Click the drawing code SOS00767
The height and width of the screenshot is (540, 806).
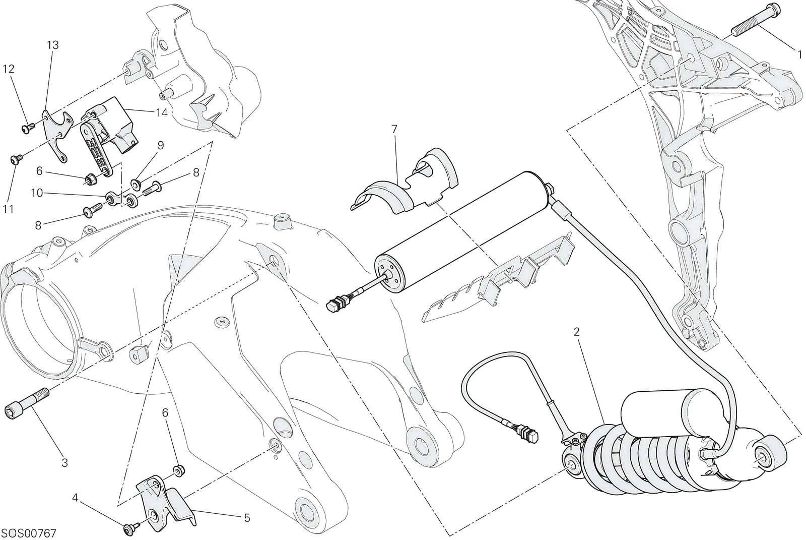(30, 533)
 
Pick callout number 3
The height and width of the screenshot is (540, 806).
(64, 462)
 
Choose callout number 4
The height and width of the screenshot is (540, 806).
(75, 498)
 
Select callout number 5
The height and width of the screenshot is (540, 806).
(247, 518)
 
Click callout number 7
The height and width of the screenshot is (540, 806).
(394, 129)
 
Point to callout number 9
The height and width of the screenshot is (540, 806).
(161, 146)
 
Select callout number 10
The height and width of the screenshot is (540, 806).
(37, 193)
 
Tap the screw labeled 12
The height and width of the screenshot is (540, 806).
(28, 127)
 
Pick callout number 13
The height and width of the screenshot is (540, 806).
(52, 45)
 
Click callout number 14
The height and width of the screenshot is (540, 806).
(162, 113)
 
